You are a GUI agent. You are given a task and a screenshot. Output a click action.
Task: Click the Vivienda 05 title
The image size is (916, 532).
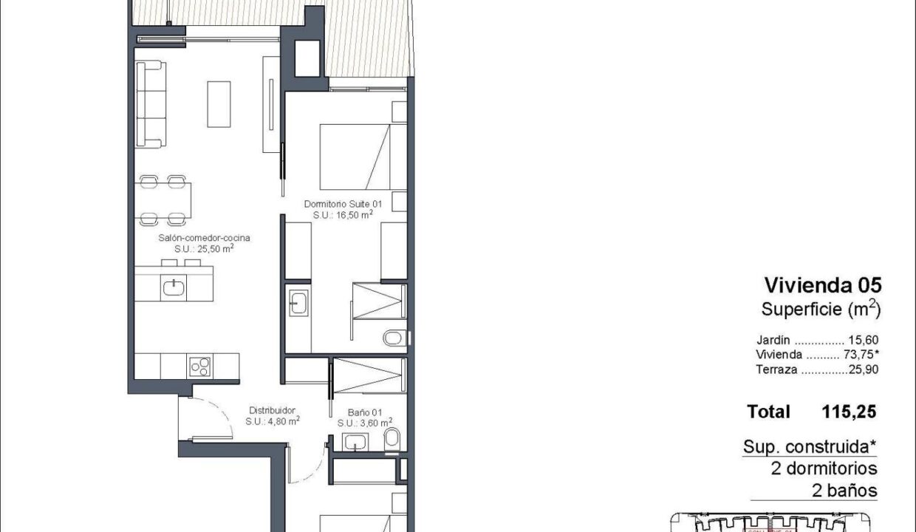[x=823, y=285]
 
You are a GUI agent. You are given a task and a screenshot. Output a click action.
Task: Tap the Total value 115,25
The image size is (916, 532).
[x=849, y=412]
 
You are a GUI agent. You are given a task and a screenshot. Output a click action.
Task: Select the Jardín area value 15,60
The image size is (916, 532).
[x=864, y=340]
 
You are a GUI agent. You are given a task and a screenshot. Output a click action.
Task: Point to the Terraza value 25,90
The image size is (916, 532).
[x=864, y=369]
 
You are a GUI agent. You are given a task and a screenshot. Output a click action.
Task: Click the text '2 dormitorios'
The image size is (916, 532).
[x=824, y=468]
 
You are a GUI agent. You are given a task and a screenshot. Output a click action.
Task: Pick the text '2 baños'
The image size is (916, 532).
[x=844, y=491]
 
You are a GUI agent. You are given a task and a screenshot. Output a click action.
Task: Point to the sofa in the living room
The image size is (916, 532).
[x=151, y=104]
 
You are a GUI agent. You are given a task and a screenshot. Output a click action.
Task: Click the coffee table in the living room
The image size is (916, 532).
[x=219, y=104]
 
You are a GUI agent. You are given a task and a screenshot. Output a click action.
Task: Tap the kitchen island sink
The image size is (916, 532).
[x=174, y=288]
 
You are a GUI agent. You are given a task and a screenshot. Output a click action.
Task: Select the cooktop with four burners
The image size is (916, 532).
[x=200, y=366]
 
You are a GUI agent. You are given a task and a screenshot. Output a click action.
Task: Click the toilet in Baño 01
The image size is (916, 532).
[x=392, y=438]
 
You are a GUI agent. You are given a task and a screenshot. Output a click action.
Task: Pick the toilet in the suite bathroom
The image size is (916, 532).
[x=394, y=338]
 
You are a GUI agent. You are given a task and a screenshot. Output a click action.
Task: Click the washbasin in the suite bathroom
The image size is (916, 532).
[x=298, y=303]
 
